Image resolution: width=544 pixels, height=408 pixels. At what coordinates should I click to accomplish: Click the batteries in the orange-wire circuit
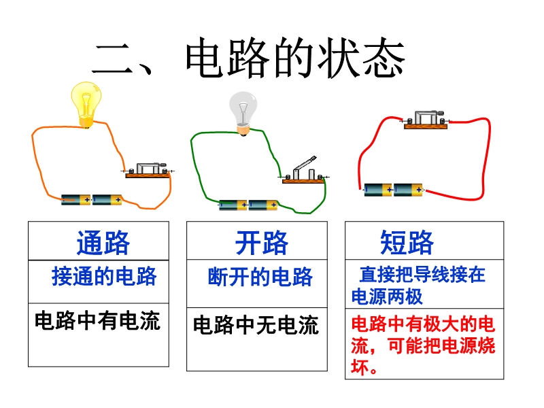[x=92, y=200]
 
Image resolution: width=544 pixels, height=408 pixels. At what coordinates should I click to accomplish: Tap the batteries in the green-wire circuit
[x=249, y=205]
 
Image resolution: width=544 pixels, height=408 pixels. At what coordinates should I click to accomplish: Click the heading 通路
[x=103, y=242]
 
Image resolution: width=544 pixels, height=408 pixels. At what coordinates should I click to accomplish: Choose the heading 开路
[x=262, y=242]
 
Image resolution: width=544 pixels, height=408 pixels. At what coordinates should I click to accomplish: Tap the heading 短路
[x=407, y=242]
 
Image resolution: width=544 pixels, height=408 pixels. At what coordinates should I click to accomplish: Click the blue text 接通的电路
[x=104, y=276]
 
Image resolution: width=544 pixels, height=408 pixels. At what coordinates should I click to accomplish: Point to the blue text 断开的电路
[x=260, y=277]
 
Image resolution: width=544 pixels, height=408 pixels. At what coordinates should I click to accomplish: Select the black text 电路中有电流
[x=97, y=320]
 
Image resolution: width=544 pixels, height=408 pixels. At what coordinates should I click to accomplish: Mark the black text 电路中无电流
[x=256, y=325]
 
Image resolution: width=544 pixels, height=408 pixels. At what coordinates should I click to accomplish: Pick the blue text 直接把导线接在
[x=422, y=275]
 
